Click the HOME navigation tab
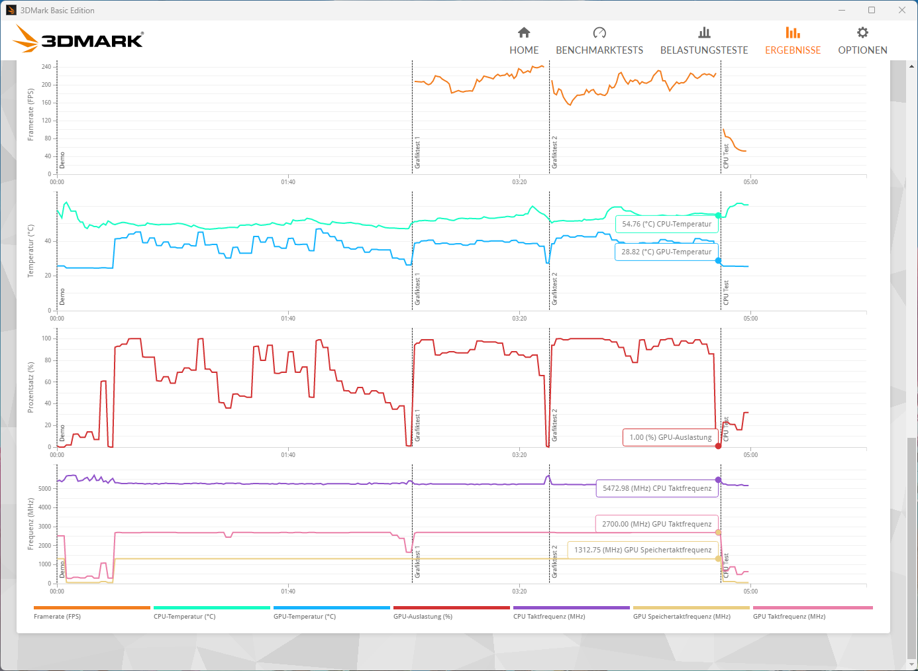pyautogui.click(x=524, y=40)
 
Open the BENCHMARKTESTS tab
pyautogui.click(x=599, y=40)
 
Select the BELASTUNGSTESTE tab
pyautogui.click(x=704, y=40)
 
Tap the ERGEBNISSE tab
pyautogui.click(x=793, y=40)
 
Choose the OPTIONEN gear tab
pyautogui.click(x=862, y=40)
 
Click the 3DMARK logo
pyautogui.click(x=78, y=39)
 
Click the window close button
pyautogui.click(x=902, y=10)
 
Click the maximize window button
pyautogui.click(x=872, y=10)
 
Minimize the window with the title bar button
pyautogui.click(x=842, y=10)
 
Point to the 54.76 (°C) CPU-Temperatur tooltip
pyautogui.click(x=666, y=224)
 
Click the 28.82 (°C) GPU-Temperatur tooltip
pyautogui.click(x=666, y=252)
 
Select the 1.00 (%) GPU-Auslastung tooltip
pyautogui.click(x=670, y=437)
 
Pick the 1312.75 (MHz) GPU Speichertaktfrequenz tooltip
pyautogui.click(x=642, y=550)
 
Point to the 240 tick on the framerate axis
pyautogui.click(x=46, y=67)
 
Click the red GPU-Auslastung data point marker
pyautogui.click(x=718, y=446)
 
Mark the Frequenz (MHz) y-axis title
pyautogui.click(x=30, y=524)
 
